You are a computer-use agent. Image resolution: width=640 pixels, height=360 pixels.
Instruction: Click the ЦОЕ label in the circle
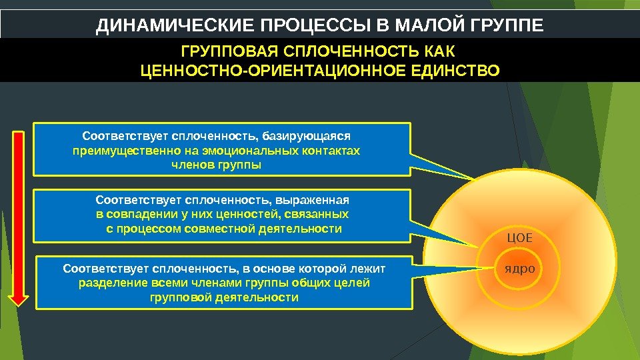pyautogui.click(x=521, y=237)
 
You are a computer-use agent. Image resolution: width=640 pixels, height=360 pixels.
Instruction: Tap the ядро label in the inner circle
pyautogui.click(x=521, y=268)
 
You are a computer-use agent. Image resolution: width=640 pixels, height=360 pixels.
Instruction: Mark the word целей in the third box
pyautogui.click(x=355, y=283)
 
